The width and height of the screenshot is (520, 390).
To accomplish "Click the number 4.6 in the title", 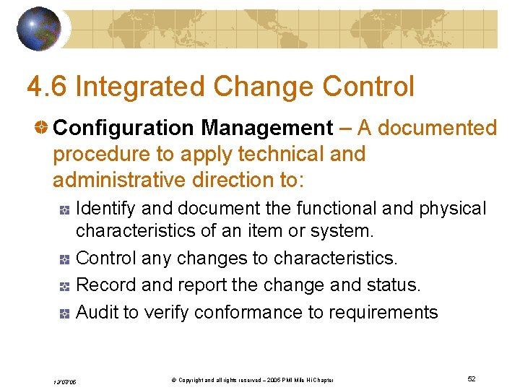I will (x=47, y=87).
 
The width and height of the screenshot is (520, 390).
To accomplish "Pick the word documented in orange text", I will (x=438, y=129).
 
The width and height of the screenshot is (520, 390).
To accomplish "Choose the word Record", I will (x=106, y=285).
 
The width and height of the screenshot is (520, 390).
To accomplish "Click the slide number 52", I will (x=471, y=379).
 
